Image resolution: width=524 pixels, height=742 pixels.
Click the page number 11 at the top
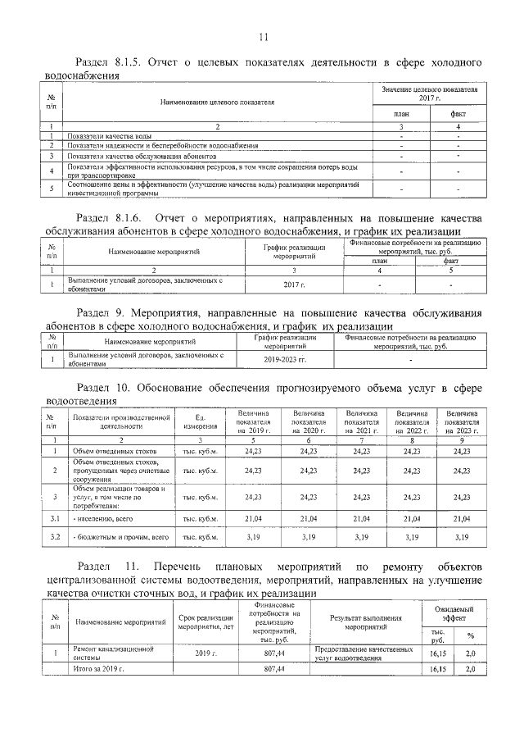click(263, 37)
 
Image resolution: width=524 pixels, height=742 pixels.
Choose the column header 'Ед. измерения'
click(200, 422)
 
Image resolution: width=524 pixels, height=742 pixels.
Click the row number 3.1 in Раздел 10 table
click(54, 518)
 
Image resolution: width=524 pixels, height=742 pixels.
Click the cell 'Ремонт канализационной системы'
click(114, 653)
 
